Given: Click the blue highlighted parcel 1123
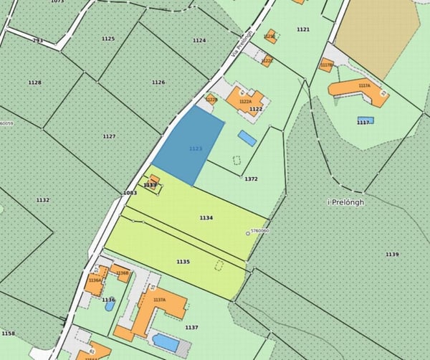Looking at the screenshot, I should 188,146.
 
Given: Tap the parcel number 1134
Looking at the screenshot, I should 206,217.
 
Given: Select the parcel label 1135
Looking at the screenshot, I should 183,262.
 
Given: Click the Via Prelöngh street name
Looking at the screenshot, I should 243,44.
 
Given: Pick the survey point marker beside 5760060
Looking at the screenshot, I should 248,232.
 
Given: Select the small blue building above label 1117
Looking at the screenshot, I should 365,120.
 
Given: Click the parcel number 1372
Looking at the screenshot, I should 251,179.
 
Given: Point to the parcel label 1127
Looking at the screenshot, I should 109,136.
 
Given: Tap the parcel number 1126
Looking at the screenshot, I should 158,82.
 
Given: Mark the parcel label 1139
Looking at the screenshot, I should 391,255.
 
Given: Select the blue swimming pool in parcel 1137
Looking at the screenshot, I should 166,341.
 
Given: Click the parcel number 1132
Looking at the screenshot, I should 43,200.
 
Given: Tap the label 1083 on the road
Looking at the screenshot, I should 130,193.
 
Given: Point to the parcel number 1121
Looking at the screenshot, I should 302,29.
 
